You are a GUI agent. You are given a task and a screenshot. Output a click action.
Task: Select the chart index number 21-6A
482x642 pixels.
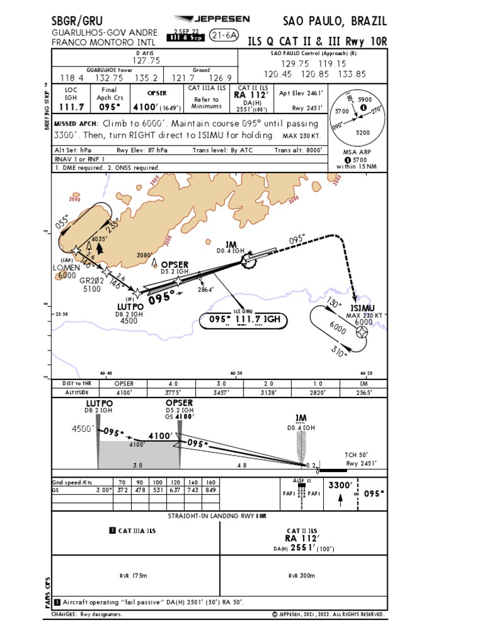pyautogui.click(x=224, y=36)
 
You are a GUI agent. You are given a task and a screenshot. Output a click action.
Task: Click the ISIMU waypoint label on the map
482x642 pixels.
pyautogui.click(x=363, y=307)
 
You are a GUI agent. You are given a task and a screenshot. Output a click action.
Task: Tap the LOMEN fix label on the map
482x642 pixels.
pyautogui.click(x=67, y=267)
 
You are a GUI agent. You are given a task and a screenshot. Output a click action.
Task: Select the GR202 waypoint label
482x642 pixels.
pyautogui.click(x=90, y=282)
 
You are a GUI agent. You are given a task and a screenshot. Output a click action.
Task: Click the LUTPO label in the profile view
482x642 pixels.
pyautogui.click(x=99, y=403)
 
